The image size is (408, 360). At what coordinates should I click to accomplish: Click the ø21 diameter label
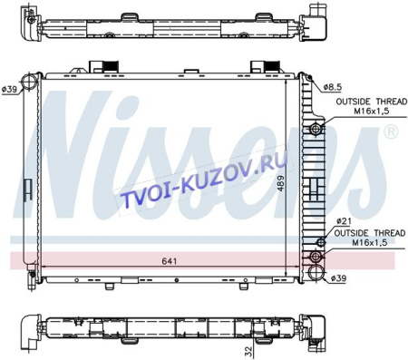[x=344, y=221]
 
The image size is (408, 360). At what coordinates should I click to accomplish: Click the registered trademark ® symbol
[x=391, y=132]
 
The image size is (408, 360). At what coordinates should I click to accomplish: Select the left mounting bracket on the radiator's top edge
[x=107, y=69]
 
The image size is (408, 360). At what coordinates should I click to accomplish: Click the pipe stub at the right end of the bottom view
[x=317, y=327]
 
